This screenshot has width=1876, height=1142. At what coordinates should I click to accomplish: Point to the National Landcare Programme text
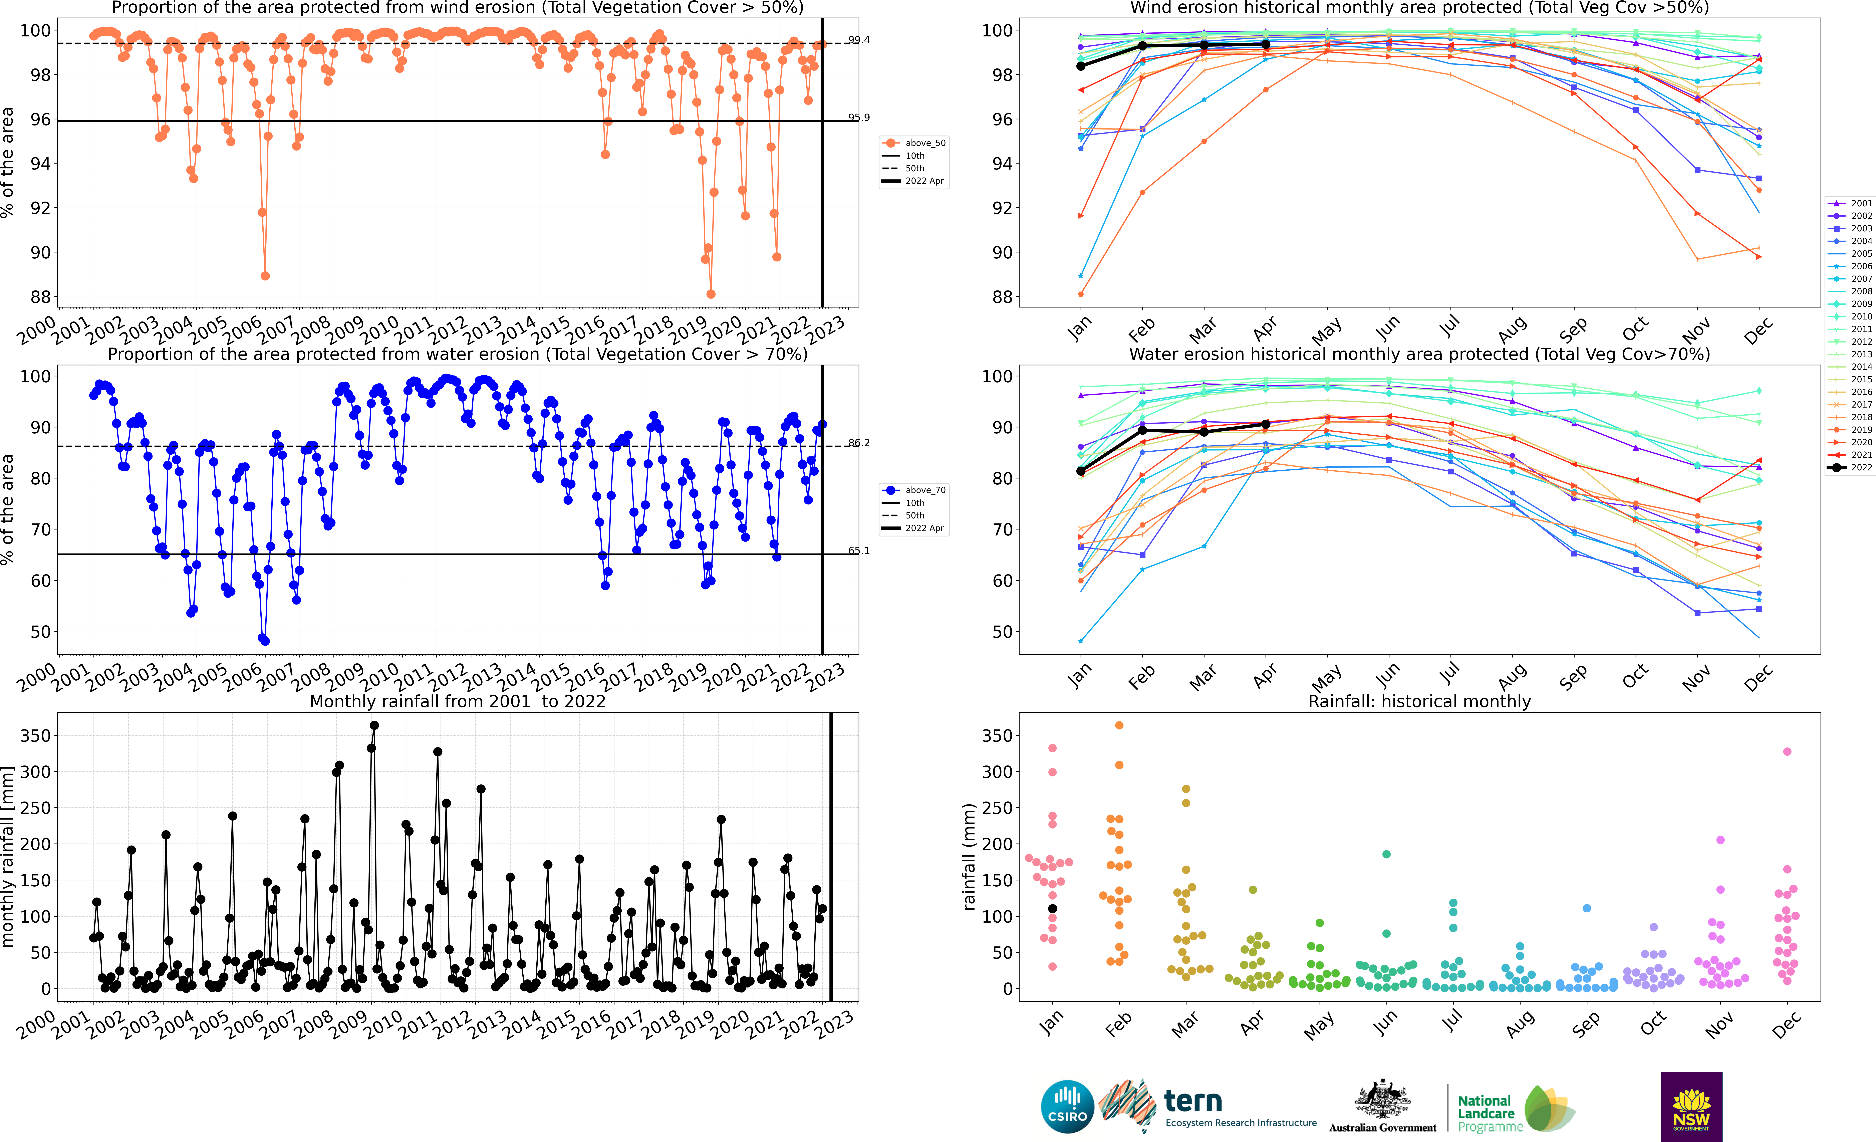(x=1489, y=1113)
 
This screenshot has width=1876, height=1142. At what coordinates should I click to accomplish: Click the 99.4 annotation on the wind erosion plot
(x=859, y=40)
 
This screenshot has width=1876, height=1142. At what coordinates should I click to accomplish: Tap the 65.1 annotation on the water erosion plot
(x=859, y=550)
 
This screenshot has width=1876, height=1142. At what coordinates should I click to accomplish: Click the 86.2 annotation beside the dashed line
(x=859, y=442)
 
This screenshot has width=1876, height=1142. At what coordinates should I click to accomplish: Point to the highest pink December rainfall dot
(x=1787, y=751)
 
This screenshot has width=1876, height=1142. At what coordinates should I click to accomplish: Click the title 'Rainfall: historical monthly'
(x=1419, y=701)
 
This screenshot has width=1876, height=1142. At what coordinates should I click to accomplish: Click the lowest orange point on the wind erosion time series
(x=710, y=294)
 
